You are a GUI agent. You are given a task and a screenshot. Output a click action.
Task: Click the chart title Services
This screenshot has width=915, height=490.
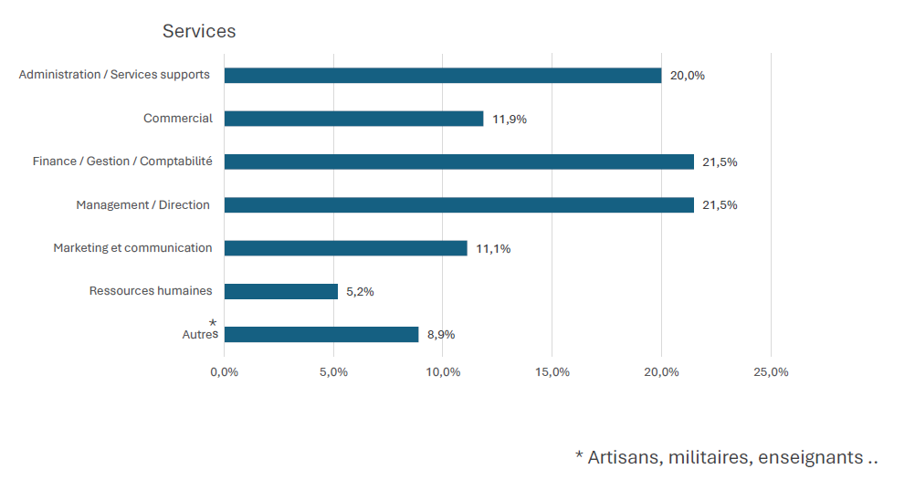tap(199, 31)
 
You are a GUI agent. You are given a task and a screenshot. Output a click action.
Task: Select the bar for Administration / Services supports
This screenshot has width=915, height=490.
tap(443, 76)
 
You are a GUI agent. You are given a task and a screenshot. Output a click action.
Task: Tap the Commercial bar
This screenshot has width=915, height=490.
tap(353, 119)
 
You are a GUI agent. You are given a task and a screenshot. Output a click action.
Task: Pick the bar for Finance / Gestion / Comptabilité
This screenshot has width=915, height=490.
tap(459, 162)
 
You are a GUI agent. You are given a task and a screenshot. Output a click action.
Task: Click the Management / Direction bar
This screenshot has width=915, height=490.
tap(459, 205)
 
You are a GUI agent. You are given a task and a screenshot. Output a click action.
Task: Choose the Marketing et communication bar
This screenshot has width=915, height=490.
tap(345, 248)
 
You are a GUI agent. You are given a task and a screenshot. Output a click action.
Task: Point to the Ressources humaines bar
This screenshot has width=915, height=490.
tap(281, 291)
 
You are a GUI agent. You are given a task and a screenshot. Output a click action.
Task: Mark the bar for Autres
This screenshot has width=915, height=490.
tap(321, 335)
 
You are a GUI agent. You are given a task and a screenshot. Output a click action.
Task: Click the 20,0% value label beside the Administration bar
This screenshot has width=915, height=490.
tap(688, 76)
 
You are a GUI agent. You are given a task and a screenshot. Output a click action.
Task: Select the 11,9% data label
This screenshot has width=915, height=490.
tap(510, 119)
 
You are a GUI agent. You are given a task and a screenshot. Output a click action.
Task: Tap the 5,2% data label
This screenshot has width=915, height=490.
tap(360, 292)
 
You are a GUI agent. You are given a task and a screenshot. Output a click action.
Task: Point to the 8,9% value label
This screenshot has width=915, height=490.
tap(441, 335)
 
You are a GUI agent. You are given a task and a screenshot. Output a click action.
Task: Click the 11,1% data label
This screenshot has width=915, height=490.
tap(493, 248)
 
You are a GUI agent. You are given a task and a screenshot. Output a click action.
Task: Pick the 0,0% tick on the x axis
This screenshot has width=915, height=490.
tap(224, 372)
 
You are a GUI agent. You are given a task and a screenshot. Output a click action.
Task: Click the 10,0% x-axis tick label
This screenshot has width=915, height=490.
tap(443, 372)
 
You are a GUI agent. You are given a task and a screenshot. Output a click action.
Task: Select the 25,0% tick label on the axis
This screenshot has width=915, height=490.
tap(771, 372)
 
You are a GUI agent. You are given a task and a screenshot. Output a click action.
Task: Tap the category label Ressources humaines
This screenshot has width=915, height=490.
tap(151, 291)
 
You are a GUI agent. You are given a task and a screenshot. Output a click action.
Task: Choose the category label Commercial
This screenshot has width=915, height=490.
tap(178, 119)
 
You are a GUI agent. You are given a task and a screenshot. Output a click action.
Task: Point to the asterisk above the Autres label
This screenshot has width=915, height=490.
tap(213, 323)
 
